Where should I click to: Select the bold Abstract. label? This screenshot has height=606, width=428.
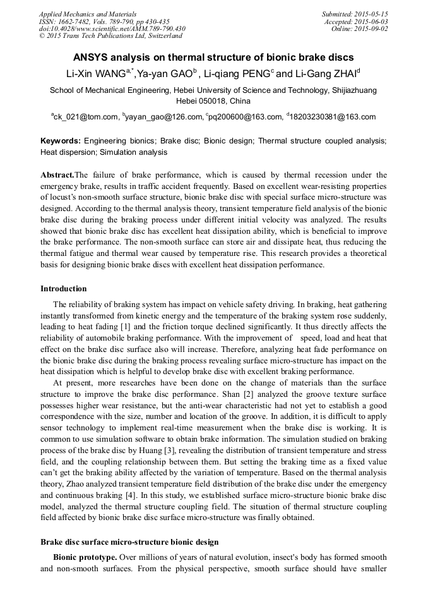57,174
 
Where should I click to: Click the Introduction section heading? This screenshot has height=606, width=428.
64,289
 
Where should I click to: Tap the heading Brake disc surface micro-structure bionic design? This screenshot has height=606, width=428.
129,542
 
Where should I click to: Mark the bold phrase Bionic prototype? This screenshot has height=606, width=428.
85,558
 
